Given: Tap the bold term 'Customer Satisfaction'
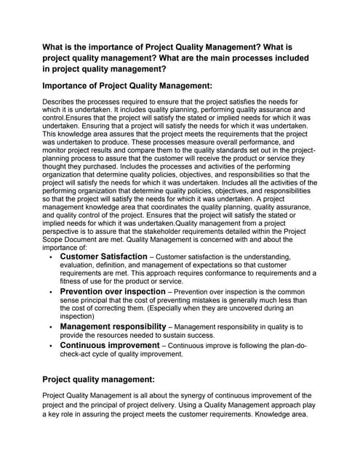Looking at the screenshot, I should click(x=103, y=256).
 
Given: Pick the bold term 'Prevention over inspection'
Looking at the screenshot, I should click(x=113, y=291).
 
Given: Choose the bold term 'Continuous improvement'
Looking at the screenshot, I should click(x=109, y=345).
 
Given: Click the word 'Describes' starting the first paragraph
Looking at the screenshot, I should click(x=62, y=101).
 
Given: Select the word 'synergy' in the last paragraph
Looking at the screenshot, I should click(x=195, y=395).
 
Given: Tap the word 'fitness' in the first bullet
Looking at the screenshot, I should click(x=71, y=281).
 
